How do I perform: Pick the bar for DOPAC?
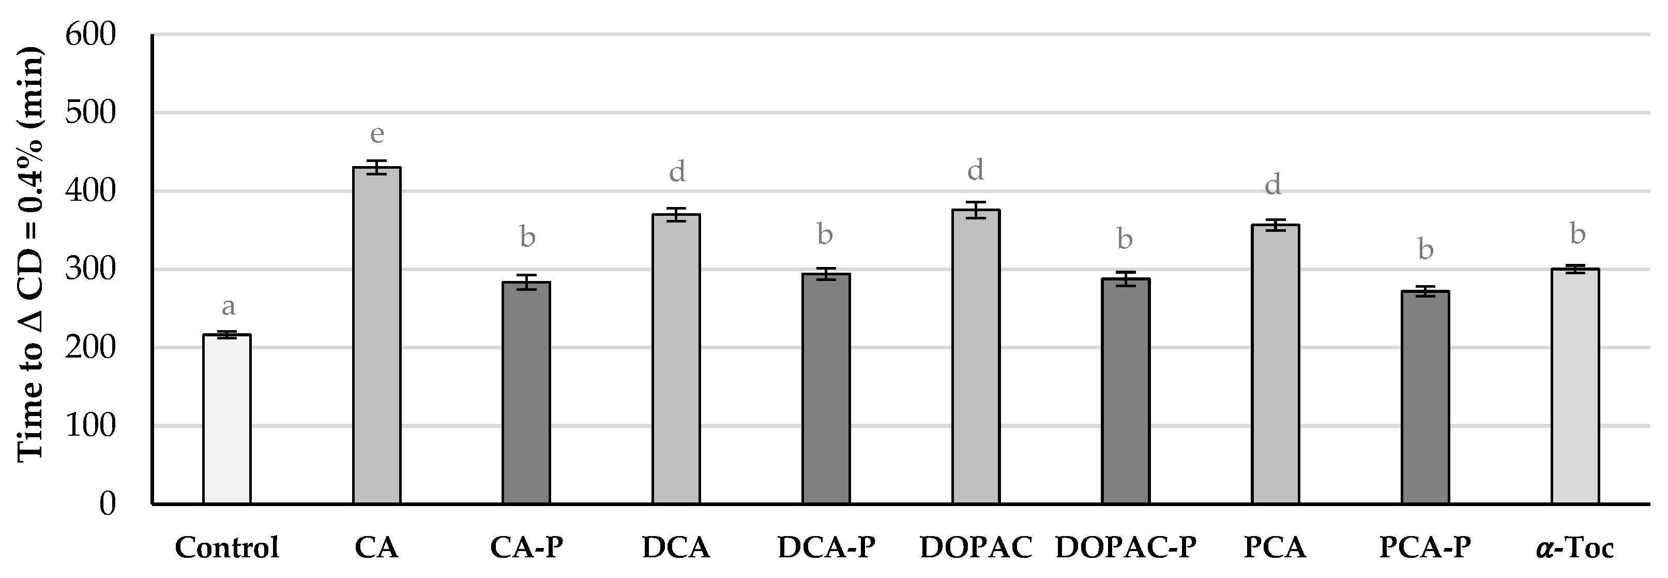(976, 357)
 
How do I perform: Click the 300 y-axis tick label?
(90, 269)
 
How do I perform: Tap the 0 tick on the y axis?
(107, 504)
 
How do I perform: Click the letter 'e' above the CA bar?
(377, 134)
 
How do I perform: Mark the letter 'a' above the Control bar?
(228, 306)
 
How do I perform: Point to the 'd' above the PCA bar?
(1273, 185)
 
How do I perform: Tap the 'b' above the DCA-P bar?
(825, 234)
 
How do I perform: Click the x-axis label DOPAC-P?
(1126, 548)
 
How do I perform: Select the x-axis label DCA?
(676, 548)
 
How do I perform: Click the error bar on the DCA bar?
(676, 214)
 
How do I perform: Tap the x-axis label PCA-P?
(1425, 548)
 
